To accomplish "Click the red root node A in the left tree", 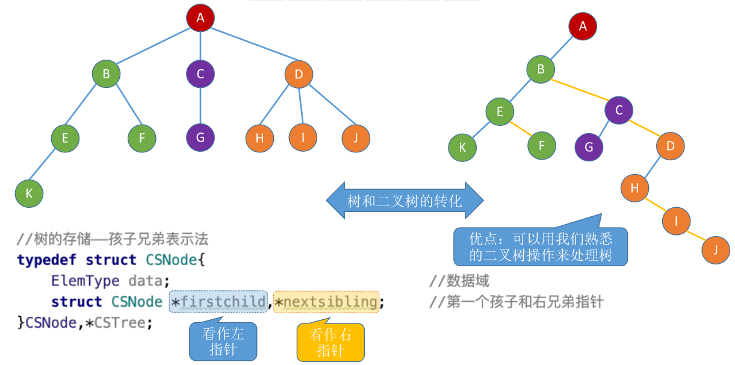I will pos(200,18).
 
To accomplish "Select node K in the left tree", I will pos(29,193).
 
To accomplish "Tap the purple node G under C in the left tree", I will pos(200,137).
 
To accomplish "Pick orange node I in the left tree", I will pos(303,138).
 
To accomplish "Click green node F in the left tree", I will pos(142,138).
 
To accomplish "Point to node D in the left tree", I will pos(299,75).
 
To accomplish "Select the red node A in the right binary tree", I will pos(582,26).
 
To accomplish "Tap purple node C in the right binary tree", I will pos(619,110).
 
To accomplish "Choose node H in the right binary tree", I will pos(634,188).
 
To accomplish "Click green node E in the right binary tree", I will pos(500,111).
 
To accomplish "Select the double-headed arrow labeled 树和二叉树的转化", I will pos(405,201).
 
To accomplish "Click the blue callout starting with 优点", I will pos(540,246).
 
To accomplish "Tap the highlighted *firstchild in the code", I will pos(219,301).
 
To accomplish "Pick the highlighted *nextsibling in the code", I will pos(326,301).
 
